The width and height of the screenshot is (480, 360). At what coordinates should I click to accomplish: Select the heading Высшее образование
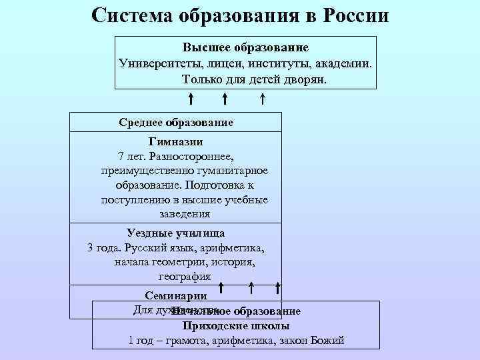(245, 48)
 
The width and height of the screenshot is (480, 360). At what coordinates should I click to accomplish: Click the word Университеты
(157, 63)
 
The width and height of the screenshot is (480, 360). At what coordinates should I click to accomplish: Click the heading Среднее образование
(176, 122)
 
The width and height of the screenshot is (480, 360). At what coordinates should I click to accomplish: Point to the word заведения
(185, 214)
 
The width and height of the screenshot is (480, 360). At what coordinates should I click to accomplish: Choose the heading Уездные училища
(175, 233)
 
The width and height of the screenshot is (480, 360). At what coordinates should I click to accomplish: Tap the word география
(185, 276)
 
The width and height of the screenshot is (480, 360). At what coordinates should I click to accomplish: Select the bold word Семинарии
(175, 295)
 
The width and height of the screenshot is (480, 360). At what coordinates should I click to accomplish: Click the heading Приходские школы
(235, 326)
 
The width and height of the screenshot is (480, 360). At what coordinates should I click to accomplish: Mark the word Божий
(327, 341)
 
